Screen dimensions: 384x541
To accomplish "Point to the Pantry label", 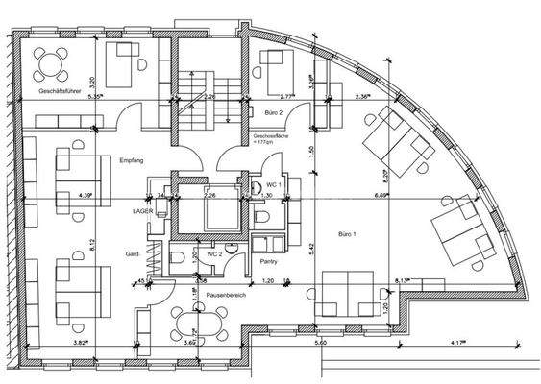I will pyautogui.click(x=268, y=259).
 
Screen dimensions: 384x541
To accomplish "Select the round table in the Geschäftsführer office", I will pyautogui.click(x=48, y=64).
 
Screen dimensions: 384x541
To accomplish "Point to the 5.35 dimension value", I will pyautogui.click(x=94, y=97).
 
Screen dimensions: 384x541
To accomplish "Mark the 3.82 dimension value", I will pyautogui.click(x=85, y=343).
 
